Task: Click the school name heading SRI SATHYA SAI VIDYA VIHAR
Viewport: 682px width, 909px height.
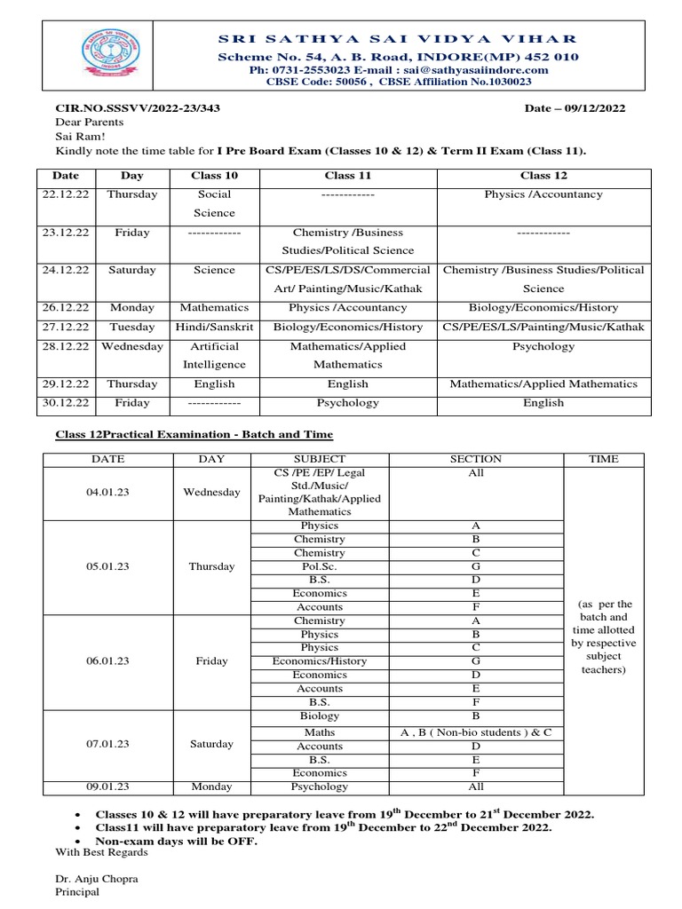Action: [x=397, y=39]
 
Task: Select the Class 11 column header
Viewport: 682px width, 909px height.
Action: [x=347, y=176]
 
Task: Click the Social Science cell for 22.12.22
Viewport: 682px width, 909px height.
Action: [x=214, y=203]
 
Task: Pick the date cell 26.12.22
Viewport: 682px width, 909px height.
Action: [x=71, y=307]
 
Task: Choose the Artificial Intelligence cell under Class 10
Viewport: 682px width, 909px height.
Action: [x=214, y=355]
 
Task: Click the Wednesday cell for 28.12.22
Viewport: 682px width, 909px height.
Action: [x=132, y=346]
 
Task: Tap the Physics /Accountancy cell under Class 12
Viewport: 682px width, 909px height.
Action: [x=543, y=194]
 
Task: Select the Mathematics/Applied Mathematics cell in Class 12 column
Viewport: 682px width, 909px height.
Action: [x=543, y=384]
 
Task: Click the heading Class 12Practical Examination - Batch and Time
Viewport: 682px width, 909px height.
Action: [x=194, y=434]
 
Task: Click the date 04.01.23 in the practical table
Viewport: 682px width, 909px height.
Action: [x=108, y=492]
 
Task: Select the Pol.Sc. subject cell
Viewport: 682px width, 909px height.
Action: [x=319, y=566]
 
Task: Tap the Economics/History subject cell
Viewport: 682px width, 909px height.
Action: [x=319, y=661]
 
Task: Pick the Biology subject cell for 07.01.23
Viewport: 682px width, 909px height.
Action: [x=319, y=716]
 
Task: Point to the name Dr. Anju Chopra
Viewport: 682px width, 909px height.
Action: [x=99, y=879]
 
